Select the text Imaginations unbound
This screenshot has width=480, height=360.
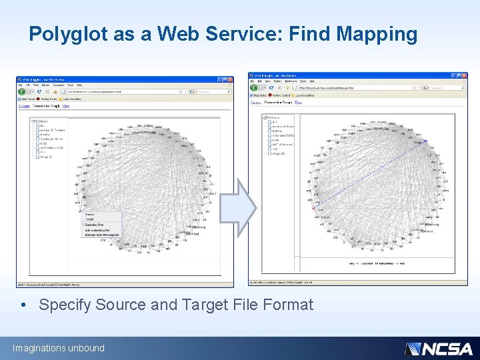click(x=59, y=348)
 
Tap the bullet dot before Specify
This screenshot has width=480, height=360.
click(x=25, y=305)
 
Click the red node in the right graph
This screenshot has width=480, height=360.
click(x=313, y=206)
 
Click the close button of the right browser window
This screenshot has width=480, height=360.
click(x=464, y=75)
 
